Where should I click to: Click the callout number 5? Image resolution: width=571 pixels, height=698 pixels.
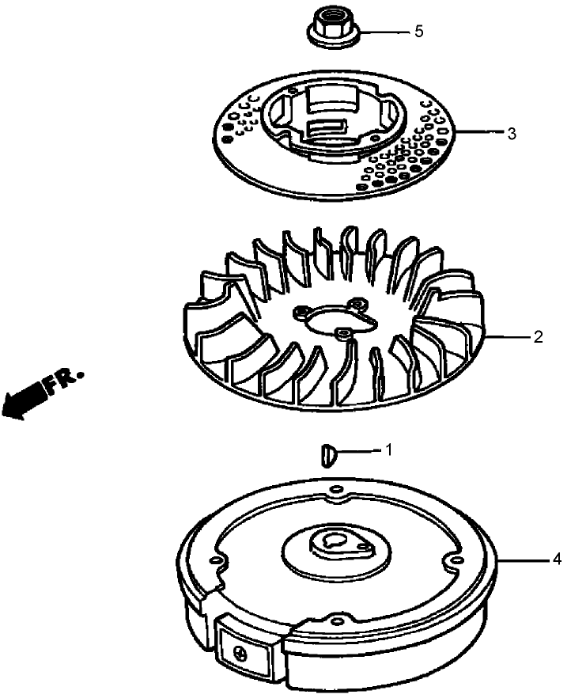[418, 31]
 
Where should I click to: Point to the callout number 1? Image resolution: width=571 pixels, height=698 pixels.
[388, 450]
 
